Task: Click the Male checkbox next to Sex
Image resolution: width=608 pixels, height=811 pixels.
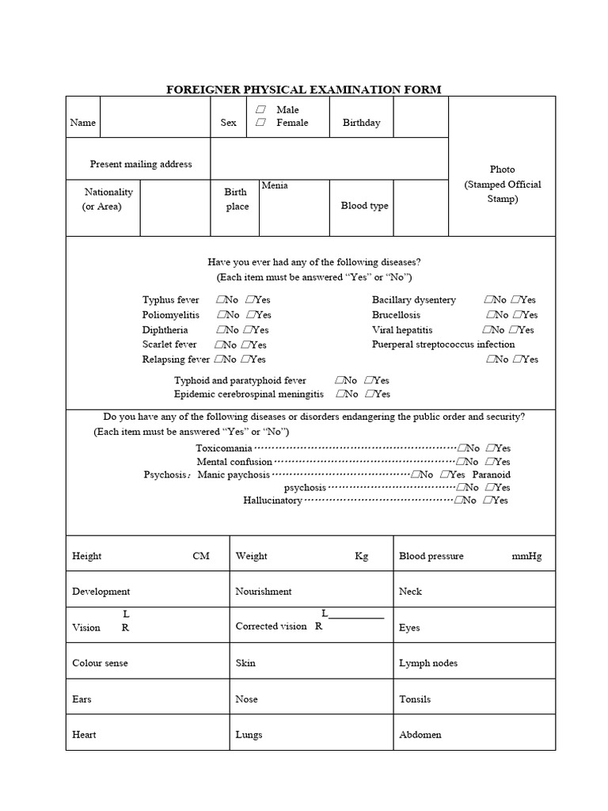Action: pyautogui.click(x=260, y=109)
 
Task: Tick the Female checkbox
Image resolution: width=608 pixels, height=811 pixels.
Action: pyautogui.click(x=260, y=123)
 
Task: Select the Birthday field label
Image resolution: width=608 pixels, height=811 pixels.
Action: pyautogui.click(x=361, y=123)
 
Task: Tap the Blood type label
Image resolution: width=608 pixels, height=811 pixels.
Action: pyautogui.click(x=364, y=206)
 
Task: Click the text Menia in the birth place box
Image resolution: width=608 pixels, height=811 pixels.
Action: pyautogui.click(x=275, y=185)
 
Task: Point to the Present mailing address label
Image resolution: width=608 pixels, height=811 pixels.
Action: pyautogui.click(x=141, y=164)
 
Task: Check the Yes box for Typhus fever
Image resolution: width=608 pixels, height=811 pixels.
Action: pyautogui.click(x=249, y=300)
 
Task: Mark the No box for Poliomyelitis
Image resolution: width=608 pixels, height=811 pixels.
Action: pyautogui.click(x=218, y=315)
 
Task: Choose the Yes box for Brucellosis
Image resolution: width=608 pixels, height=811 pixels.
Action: pyautogui.click(x=515, y=315)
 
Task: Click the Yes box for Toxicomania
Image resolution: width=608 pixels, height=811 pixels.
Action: pyautogui.click(x=492, y=448)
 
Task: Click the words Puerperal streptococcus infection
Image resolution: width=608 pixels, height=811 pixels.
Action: pyautogui.click(x=443, y=345)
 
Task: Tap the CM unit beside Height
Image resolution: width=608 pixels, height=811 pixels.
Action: pyautogui.click(x=201, y=556)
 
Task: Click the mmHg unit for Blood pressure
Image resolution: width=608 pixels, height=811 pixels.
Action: pyautogui.click(x=526, y=556)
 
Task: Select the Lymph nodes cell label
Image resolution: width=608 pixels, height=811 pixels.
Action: pyautogui.click(x=428, y=664)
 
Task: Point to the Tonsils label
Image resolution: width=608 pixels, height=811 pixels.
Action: pyautogui.click(x=415, y=699)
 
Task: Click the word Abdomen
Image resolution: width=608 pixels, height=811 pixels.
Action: pyautogui.click(x=420, y=735)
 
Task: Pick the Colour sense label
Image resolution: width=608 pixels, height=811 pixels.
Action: pyautogui.click(x=100, y=664)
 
